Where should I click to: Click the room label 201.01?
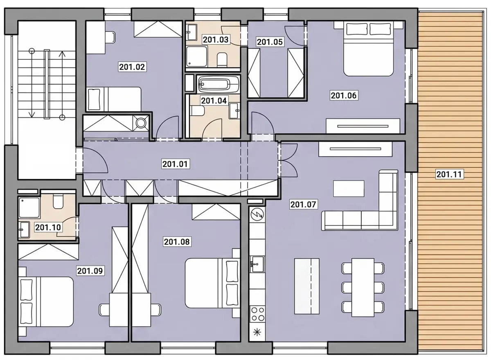(x=175, y=164)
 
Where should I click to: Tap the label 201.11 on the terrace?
(x=449, y=174)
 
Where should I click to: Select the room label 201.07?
(x=303, y=205)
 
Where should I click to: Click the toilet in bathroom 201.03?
(x=222, y=59)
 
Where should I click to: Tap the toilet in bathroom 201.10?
(x=58, y=201)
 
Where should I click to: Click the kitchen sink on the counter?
(x=257, y=264)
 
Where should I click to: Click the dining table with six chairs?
(x=363, y=287)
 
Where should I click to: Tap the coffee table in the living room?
(x=349, y=189)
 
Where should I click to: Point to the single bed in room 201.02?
(x=114, y=99)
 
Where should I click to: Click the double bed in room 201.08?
(x=212, y=283)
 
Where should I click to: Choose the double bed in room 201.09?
(x=45, y=302)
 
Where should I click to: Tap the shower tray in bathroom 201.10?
(x=29, y=207)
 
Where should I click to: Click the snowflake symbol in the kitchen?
(x=257, y=333)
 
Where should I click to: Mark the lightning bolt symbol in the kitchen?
(x=257, y=214)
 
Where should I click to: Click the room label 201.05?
(x=270, y=42)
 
